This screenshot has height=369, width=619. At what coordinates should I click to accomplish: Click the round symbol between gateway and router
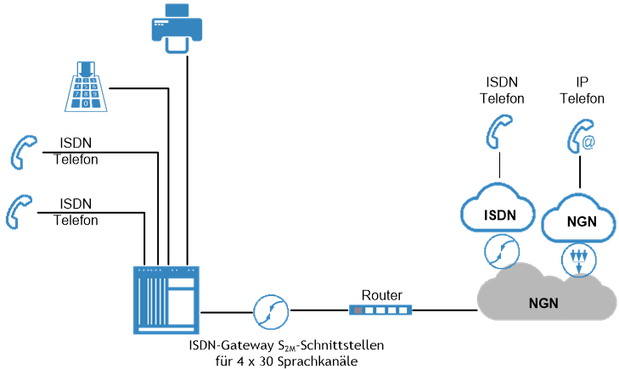[269, 311]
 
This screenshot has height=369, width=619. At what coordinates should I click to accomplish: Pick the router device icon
[380, 311]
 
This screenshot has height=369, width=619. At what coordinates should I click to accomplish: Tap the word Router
[381, 295]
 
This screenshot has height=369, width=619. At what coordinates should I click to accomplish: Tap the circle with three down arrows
[579, 259]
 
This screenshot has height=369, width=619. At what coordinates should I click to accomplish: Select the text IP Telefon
[582, 90]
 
